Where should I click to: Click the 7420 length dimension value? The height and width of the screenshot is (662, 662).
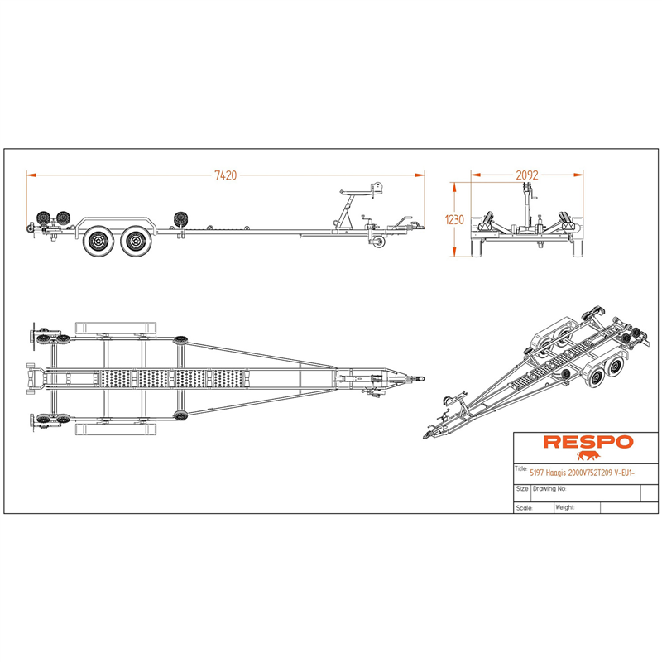(226, 175)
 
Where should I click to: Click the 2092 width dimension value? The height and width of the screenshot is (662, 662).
(527, 175)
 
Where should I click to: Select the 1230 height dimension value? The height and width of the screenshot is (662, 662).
(454, 219)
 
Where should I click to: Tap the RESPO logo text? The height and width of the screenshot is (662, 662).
(588, 442)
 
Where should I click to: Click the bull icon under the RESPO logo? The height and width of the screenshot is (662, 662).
(588, 456)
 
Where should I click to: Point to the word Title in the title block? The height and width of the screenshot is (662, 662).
(520, 468)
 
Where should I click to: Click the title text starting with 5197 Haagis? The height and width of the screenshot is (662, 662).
(583, 473)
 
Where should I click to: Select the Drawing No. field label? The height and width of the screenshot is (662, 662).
(549, 488)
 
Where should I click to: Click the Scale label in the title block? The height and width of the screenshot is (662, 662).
(524, 508)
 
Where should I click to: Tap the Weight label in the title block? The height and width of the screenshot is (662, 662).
(565, 507)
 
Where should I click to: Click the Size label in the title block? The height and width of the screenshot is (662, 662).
(522, 488)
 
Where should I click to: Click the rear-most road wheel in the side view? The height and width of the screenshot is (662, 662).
(98, 241)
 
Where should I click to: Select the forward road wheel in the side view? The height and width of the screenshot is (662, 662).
(135, 241)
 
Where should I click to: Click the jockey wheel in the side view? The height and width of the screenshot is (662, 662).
(379, 242)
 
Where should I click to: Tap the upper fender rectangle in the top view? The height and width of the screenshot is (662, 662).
(115, 328)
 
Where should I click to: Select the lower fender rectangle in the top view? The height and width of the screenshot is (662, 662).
(115, 429)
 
